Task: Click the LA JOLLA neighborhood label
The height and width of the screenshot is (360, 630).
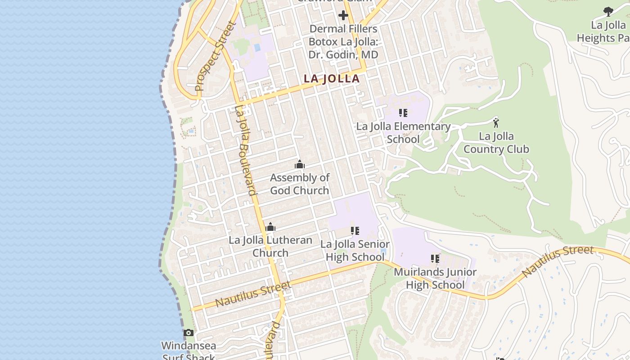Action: coord(332,78)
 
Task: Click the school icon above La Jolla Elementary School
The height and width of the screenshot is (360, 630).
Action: coord(403,113)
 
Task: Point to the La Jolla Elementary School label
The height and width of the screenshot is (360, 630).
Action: coord(403,132)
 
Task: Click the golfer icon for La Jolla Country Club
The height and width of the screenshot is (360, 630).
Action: coord(496,122)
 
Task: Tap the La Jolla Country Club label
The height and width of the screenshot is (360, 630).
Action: coord(496,143)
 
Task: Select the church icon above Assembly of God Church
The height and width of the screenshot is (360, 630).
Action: coord(300,164)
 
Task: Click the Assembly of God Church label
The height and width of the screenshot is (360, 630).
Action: coord(300,184)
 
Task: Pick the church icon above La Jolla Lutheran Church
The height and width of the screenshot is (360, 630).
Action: coord(270,227)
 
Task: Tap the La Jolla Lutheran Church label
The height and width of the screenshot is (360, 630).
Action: coord(270,246)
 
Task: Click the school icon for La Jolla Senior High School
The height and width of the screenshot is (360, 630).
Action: coord(355,231)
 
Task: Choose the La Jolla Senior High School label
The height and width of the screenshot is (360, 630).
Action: coord(355,251)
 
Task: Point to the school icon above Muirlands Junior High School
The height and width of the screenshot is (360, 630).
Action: coord(435,259)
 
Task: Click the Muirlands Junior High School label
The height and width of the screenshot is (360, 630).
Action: coord(435,278)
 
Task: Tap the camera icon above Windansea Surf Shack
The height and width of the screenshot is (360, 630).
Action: coord(189,333)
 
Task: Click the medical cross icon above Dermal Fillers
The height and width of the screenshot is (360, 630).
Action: coord(343,16)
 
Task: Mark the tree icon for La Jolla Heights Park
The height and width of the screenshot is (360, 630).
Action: coord(608,12)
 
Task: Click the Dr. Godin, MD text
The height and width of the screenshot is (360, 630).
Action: coord(343,54)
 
